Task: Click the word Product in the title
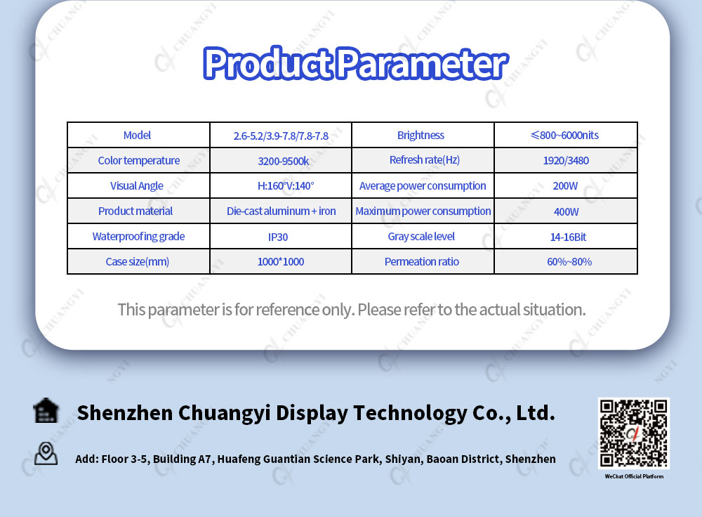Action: point(267,64)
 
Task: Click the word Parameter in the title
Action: point(422,64)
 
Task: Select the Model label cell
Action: point(137,135)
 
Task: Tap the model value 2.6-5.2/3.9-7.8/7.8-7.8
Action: point(281,136)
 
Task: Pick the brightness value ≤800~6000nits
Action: point(564,135)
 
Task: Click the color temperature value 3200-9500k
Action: point(284,161)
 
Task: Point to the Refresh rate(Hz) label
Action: point(425,160)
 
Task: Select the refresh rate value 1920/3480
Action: point(566,160)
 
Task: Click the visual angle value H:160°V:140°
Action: point(286,185)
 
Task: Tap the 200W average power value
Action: point(565,185)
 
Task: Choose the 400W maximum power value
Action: point(567,211)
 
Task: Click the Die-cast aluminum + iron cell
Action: point(282,211)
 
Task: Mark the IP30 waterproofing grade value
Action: point(278,237)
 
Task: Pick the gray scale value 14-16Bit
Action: point(568,237)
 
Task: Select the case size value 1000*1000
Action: point(281,261)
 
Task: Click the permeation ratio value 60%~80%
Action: point(569,261)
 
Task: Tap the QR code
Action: point(633,433)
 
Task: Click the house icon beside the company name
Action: point(46,410)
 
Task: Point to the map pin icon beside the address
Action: point(46,453)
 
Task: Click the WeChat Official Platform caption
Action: point(634,476)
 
